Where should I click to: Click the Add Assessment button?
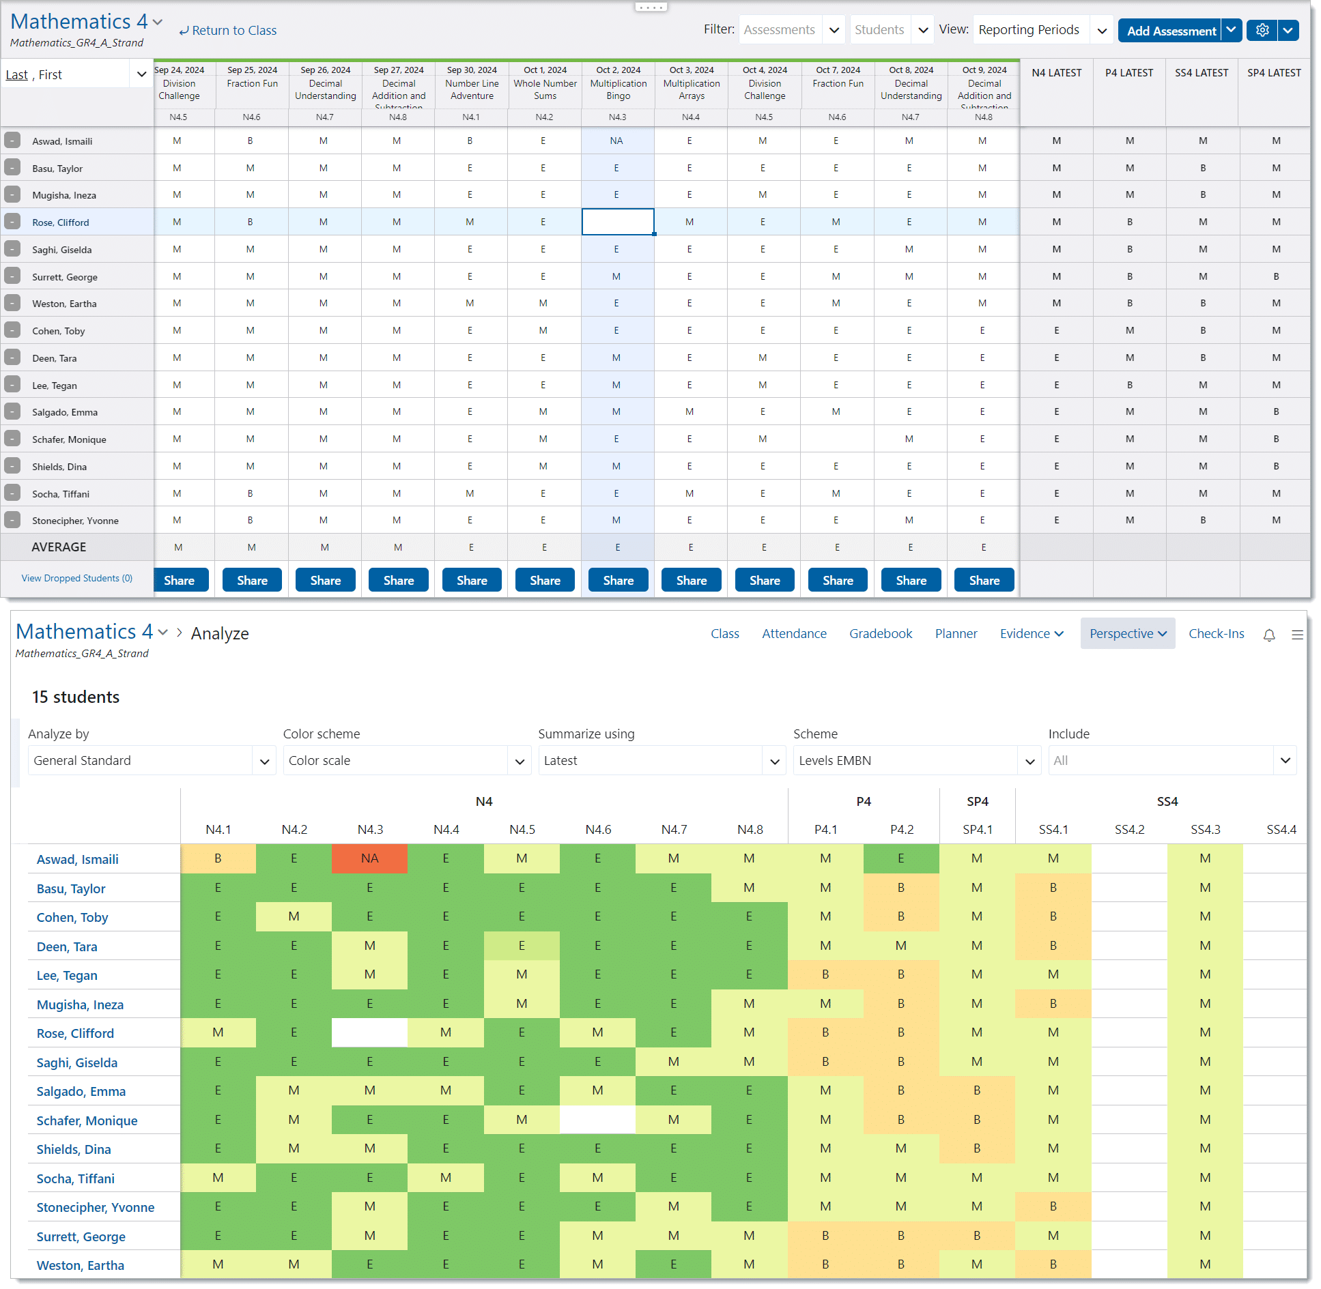tap(1170, 31)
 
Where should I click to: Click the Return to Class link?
tap(228, 31)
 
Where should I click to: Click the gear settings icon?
tap(1262, 31)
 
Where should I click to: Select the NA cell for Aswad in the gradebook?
tap(616, 141)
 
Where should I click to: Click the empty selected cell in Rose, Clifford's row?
tap(617, 222)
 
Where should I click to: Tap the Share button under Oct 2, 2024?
tap(618, 580)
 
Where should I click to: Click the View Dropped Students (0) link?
tap(77, 578)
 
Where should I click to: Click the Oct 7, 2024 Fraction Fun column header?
tap(838, 84)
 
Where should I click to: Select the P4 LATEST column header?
tap(1129, 73)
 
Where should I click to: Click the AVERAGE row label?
tap(59, 547)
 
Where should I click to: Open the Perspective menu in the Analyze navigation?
tap(1127, 634)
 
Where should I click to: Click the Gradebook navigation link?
tap(880, 634)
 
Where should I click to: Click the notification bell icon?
tap(1269, 635)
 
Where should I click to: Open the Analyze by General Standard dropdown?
tap(152, 761)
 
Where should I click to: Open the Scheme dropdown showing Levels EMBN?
tap(916, 761)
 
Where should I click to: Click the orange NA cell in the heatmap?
tap(369, 858)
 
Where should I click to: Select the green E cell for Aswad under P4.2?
tap(900, 858)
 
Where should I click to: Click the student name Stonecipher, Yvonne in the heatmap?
tap(96, 1208)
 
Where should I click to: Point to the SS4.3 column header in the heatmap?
tap(1205, 830)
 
